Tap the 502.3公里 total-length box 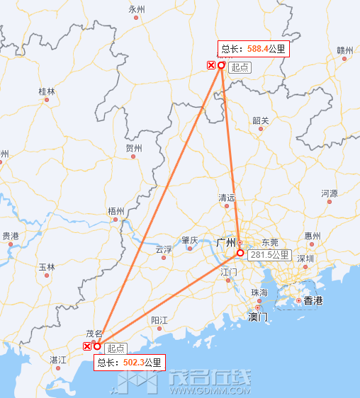tap(129, 363)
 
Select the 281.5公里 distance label tap(269, 255)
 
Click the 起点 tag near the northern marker tap(240, 67)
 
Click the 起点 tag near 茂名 tap(116, 348)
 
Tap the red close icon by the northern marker tap(210, 65)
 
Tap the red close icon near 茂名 tap(87, 346)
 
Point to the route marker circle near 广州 tap(240, 253)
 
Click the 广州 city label tap(225, 242)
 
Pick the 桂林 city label tap(47, 91)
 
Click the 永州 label tap(137, 9)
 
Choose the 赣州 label tap(344, 50)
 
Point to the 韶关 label tap(261, 120)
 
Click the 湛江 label tap(58, 360)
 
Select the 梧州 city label tap(116, 211)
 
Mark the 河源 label tap(330, 193)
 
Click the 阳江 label tap(159, 320)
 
